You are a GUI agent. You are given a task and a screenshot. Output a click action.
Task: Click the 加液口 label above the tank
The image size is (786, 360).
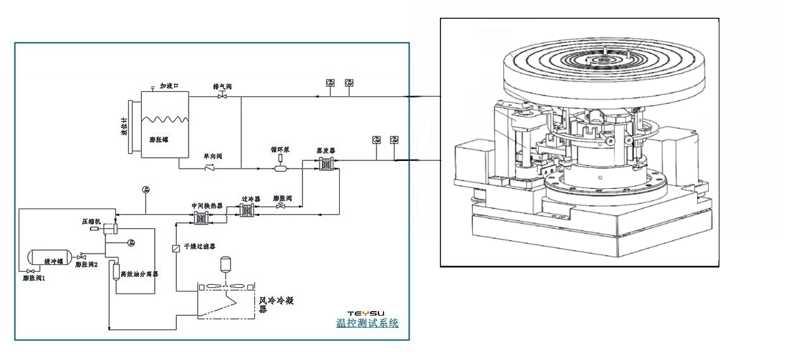pos(172,86)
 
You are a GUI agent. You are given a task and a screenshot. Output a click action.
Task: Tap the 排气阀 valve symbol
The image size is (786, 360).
pos(222,96)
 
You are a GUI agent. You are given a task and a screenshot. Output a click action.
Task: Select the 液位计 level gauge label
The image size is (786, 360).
pos(125,126)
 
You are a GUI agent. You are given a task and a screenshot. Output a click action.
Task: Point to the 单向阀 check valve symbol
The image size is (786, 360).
pos(210,169)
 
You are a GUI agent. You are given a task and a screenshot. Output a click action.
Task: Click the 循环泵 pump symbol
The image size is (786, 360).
pos(280,168)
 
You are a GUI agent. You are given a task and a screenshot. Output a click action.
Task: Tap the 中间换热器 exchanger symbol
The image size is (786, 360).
pos(202,217)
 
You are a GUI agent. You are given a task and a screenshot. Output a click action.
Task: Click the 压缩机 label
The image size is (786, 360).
pos(92,222)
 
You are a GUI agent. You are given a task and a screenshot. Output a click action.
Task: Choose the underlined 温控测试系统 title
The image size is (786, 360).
pos(367,323)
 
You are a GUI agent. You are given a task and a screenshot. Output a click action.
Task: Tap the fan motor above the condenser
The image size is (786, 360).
pos(225,264)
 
